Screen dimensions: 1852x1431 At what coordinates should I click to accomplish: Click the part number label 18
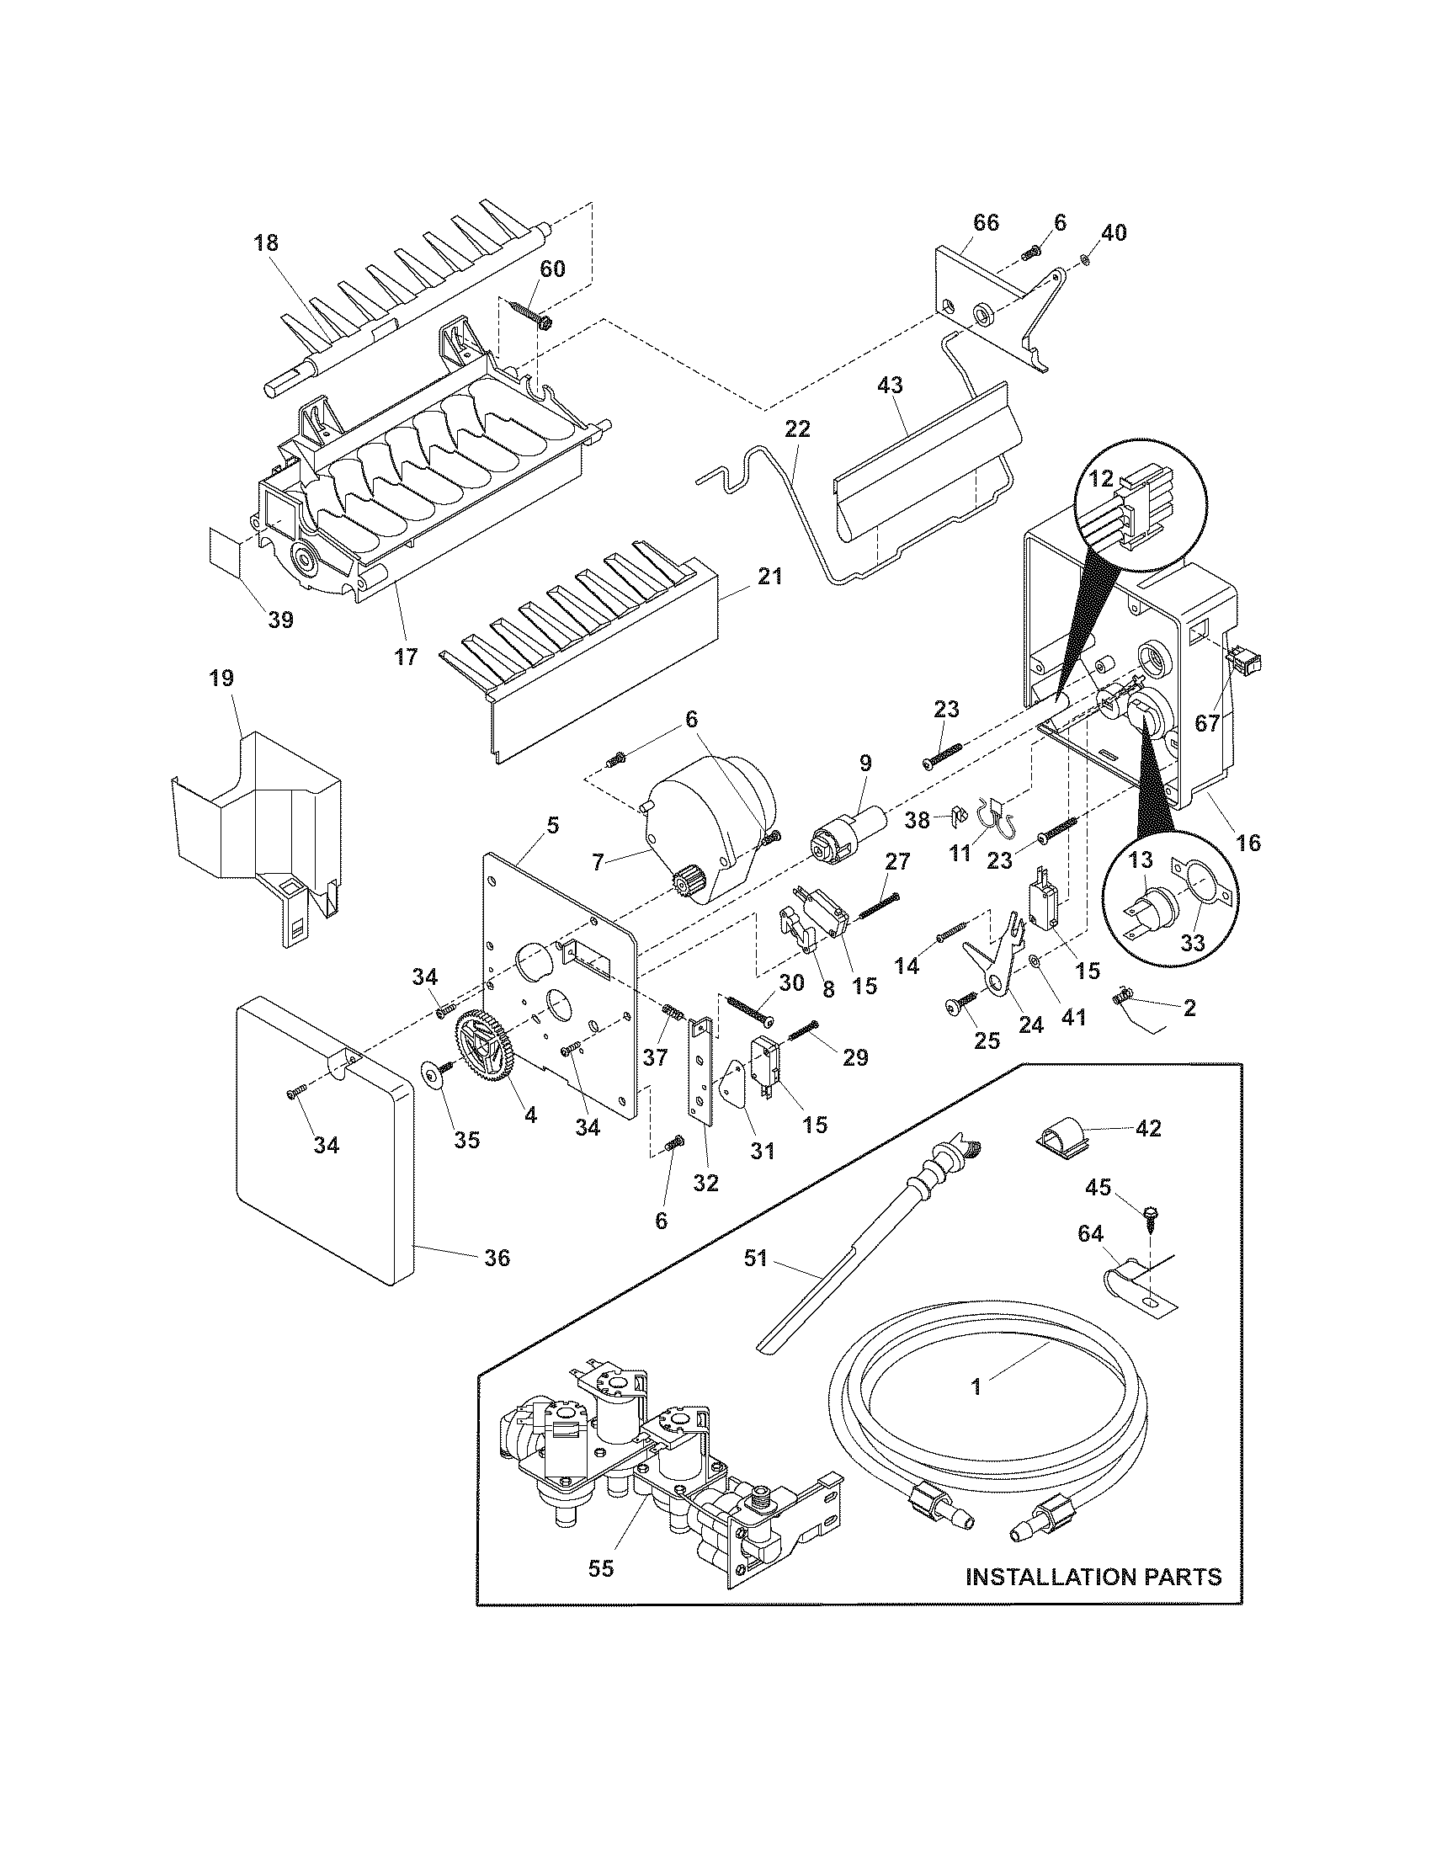point(265,242)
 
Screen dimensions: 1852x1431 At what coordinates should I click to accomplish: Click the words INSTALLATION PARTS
point(1093,1577)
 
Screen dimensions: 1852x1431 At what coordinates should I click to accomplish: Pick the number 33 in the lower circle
point(1192,943)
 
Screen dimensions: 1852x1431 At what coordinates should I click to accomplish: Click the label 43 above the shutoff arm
point(889,384)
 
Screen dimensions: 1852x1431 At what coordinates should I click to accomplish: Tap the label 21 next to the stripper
point(769,577)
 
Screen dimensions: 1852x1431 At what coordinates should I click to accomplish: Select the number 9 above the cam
point(864,762)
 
